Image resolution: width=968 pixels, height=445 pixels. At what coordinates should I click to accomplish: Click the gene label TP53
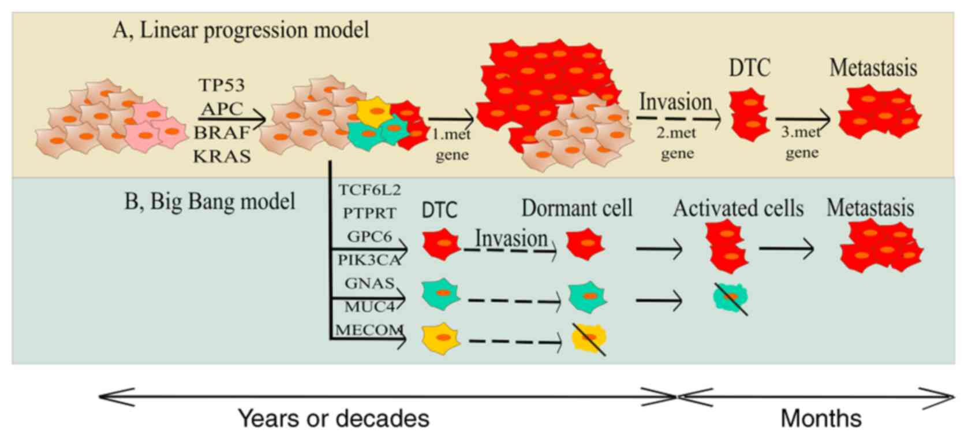(222, 86)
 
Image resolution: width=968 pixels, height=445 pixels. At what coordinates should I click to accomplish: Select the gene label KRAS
(222, 156)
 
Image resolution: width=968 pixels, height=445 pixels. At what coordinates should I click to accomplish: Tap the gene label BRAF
(222, 133)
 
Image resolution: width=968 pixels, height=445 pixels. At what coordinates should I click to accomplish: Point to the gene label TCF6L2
(369, 190)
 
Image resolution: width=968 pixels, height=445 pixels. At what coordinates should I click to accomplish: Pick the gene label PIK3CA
(369, 260)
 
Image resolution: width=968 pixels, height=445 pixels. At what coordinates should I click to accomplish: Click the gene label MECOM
(369, 330)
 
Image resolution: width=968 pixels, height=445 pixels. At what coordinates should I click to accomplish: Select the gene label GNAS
(369, 283)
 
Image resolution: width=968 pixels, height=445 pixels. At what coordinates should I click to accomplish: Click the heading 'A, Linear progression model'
(241, 30)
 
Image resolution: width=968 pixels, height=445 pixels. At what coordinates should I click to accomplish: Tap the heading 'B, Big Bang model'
(210, 202)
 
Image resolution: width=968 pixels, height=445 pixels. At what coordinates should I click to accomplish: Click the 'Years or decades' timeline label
(334, 418)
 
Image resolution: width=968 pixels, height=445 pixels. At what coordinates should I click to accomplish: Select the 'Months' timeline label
(821, 418)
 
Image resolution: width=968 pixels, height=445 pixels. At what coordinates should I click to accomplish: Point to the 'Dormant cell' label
(577, 208)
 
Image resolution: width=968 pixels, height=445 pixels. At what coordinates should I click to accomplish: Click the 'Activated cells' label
(738, 208)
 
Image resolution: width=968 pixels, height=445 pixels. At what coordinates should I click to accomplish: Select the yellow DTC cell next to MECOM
(441, 338)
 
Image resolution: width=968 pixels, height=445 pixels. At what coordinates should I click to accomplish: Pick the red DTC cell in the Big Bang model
(441, 244)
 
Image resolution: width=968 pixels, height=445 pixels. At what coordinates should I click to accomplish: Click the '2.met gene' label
(677, 143)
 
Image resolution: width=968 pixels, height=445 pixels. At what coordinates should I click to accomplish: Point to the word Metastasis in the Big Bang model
(870, 208)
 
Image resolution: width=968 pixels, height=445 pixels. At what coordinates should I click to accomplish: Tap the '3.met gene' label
(801, 142)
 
